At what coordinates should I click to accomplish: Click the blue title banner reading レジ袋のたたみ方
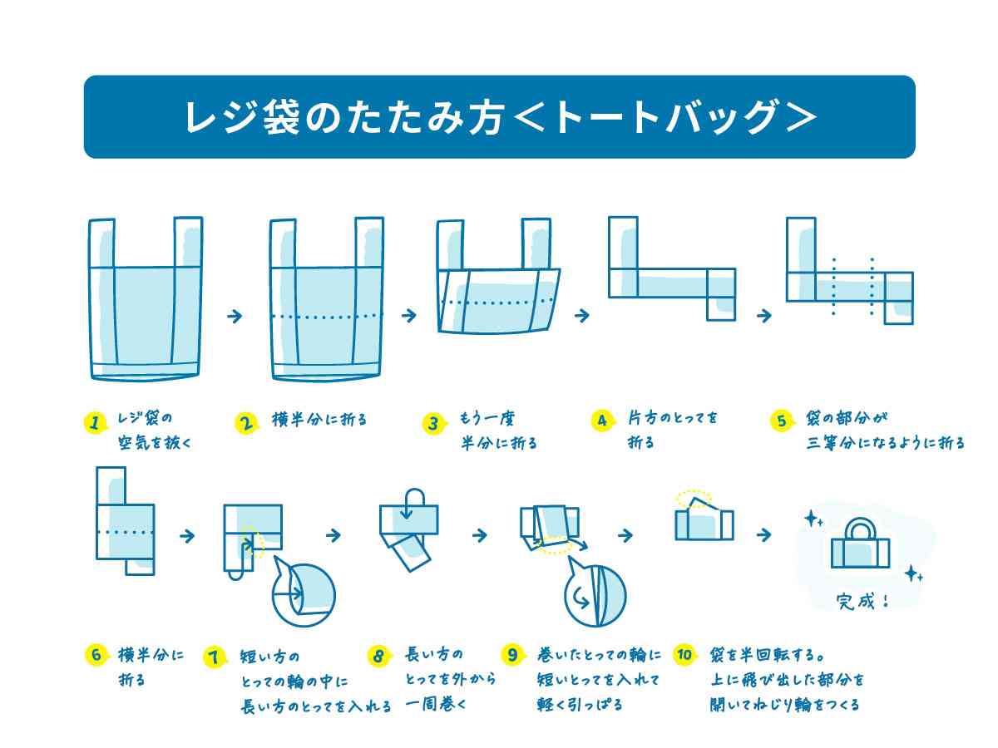click(499, 117)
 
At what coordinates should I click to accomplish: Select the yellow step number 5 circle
click(782, 421)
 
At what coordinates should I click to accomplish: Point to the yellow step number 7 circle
click(215, 657)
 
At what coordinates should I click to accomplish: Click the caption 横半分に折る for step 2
click(319, 420)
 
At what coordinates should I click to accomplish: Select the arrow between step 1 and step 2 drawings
click(235, 316)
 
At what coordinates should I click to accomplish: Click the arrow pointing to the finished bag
click(763, 535)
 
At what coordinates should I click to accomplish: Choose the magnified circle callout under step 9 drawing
click(595, 596)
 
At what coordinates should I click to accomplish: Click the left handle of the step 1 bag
click(101, 242)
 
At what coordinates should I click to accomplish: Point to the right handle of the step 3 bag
click(536, 242)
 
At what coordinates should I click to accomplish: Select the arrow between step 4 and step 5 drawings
click(763, 316)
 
